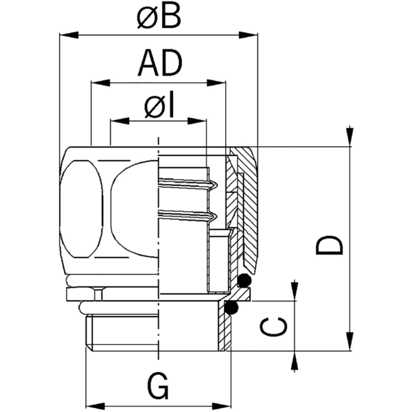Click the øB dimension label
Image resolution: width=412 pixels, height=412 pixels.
tap(159, 16)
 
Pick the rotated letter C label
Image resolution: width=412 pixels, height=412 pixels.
tap(276, 327)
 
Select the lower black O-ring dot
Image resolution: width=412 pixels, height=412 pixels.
tap(232, 307)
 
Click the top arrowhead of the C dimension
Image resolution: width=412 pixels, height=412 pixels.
tap(295, 291)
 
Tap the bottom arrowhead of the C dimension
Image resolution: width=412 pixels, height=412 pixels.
tap(295, 362)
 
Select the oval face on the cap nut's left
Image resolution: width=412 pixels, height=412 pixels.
tap(81, 209)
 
